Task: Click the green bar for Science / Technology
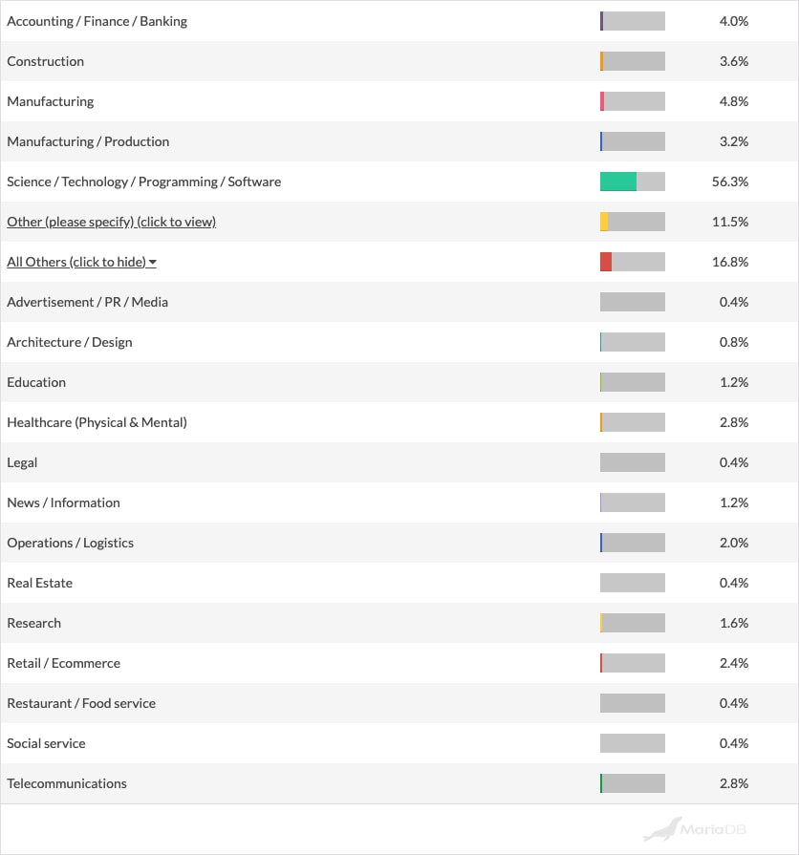[x=618, y=182]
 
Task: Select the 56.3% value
[x=733, y=182]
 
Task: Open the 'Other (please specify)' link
[x=111, y=222]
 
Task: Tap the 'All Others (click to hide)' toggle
[x=81, y=262]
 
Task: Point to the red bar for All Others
[x=606, y=262]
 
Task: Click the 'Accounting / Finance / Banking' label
[x=97, y=21]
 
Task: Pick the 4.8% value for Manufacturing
[x=733, y=101]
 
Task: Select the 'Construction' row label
[x=45, y=61]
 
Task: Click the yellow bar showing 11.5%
[x=604, y=222]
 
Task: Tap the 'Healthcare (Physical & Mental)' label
[x=97, y=422]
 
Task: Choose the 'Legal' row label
[x=22, y=462]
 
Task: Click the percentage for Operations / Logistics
[x=733, y=543]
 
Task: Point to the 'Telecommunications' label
[x=67, y=783]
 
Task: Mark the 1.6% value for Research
[x=733, y=623]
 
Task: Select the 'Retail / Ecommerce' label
[x=63, y=663]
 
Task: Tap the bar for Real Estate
[x=632, y=583]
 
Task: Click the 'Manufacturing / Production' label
[x=88, y=141]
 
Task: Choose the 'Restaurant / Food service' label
[x=81, y=703]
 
